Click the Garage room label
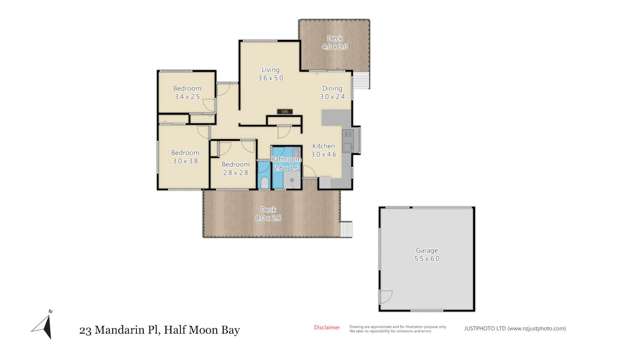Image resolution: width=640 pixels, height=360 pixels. coord(427,254)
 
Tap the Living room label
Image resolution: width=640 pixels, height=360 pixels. coord(270,74)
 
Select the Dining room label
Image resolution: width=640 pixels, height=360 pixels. coord(332,93)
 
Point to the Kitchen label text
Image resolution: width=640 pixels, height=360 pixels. coord(324,150)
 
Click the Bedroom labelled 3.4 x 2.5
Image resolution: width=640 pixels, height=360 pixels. coord(187,92)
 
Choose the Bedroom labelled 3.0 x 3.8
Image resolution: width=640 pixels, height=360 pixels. coord(184,157)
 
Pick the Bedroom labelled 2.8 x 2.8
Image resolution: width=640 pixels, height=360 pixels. coord(235,168)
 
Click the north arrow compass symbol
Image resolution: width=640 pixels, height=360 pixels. coord(42,324)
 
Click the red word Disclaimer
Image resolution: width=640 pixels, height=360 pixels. coord(326,327)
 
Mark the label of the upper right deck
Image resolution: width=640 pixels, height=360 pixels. coord(334,43)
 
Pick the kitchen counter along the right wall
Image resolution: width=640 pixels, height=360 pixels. coord(347,150)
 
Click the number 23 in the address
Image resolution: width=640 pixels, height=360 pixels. coord(88,329)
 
